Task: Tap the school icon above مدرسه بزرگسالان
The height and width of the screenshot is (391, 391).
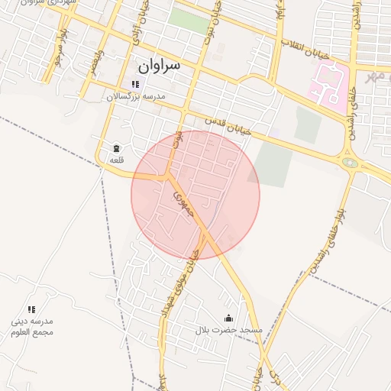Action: click(135, 84)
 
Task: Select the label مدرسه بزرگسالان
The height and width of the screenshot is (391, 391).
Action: click(135, 97)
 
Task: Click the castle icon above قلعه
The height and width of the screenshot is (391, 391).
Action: click(116, 147)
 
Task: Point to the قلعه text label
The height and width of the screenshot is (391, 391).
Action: click(116, 160)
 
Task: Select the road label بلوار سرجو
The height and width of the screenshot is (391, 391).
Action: click(59, 47)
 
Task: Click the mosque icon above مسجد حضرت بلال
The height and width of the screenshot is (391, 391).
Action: click(228, 318)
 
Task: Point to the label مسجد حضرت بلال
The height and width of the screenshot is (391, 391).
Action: click(228, 330)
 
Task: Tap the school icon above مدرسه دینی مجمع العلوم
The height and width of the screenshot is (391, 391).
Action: click(32, 309)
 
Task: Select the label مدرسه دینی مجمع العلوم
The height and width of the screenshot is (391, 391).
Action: click(32, 327)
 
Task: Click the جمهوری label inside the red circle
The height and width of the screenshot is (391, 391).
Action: click(183, 203)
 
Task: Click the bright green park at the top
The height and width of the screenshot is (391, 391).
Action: click(188, 21)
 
